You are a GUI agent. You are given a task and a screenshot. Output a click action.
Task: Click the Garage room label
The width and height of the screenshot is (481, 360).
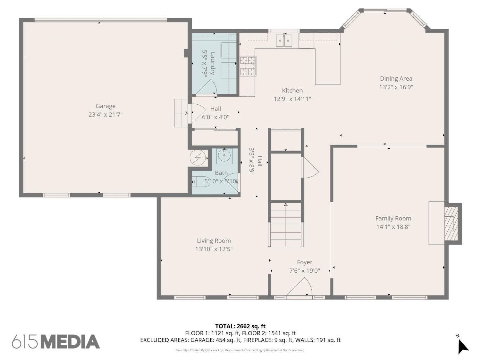[105, 106]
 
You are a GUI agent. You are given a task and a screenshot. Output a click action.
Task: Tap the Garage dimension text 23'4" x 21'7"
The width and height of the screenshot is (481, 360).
[105, 115]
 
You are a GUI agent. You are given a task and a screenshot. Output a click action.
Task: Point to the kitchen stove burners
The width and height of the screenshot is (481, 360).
[248, 66]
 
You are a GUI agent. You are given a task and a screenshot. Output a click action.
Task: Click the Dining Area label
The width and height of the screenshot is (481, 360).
[396, 78]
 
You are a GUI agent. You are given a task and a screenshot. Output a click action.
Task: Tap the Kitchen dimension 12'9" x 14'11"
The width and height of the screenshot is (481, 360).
[292, 99]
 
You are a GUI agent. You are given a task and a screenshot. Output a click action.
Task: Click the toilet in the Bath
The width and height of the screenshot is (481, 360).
[201, 181]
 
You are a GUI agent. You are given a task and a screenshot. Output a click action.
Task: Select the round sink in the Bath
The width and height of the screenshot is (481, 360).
[224, 156]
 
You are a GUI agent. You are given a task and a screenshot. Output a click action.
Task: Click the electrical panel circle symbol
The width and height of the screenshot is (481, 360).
[198, 157]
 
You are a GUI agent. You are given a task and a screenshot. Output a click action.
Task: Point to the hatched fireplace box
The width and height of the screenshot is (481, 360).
[451, 223]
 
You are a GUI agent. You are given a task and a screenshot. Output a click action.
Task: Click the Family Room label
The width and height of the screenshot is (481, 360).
[393, 218]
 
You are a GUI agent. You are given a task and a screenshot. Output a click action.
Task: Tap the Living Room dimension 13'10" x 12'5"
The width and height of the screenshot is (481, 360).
[214, 249]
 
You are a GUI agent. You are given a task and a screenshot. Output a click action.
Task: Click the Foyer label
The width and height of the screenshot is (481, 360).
[305, 262]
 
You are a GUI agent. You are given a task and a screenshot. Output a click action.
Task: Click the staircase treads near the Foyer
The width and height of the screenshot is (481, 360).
[286, 225]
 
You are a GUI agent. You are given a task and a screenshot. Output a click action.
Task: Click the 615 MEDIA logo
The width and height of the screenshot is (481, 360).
[56, 342]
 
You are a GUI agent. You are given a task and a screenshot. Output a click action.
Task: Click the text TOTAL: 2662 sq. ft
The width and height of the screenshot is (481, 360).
[240, 326]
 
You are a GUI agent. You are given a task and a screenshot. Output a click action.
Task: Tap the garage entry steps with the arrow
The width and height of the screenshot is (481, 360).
[181, 113]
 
